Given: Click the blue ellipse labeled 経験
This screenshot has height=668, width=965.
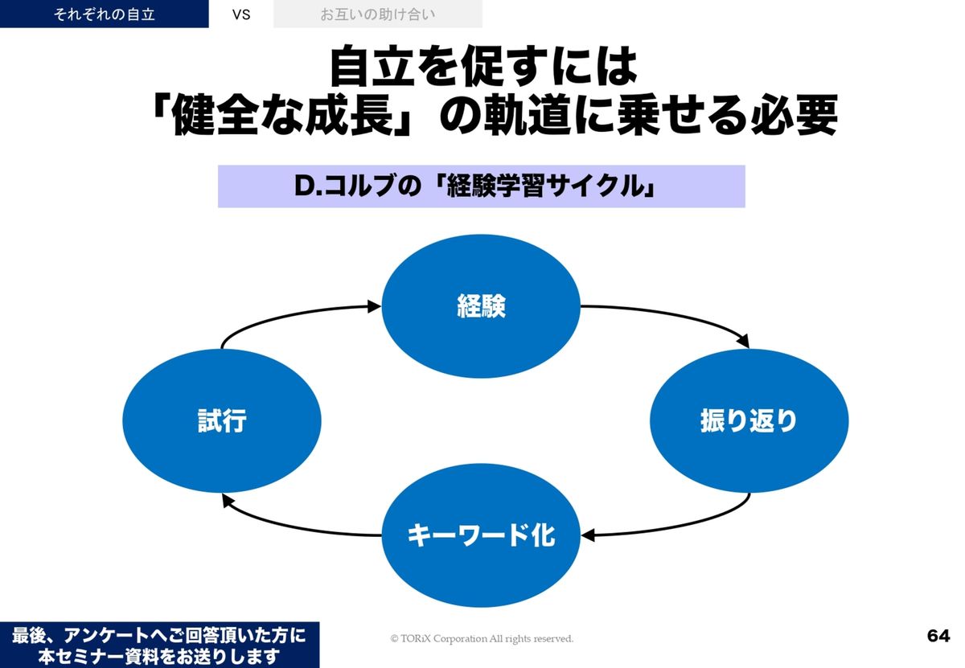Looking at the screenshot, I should pyautogui.click(x=480, y=307).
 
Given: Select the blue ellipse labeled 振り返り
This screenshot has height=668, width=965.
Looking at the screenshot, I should pyautogui.click(x=749, y=420).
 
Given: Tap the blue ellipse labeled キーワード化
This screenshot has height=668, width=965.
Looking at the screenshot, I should pyautogui.click(x=480, y=535).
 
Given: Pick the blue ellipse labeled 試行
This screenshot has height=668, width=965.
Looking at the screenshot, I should pyautogui.click(x=221, y=420).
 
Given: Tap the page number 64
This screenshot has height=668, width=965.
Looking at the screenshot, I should pyautogui.click(x=938, y=636).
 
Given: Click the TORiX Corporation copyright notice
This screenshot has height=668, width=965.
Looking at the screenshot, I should pyautogui.click(x=482, y=638).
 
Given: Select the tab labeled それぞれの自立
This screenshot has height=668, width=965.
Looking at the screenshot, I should pyautogui.click(x=104, y=14).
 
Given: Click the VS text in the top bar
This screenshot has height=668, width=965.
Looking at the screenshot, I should pyautogui.click(x=240, y=14).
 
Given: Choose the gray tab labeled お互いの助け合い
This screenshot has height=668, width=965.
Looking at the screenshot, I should pyautogui.click(x=378, y=14).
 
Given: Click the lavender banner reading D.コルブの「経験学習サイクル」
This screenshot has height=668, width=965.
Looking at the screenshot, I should pyautogui.click(x=481, y=186).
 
